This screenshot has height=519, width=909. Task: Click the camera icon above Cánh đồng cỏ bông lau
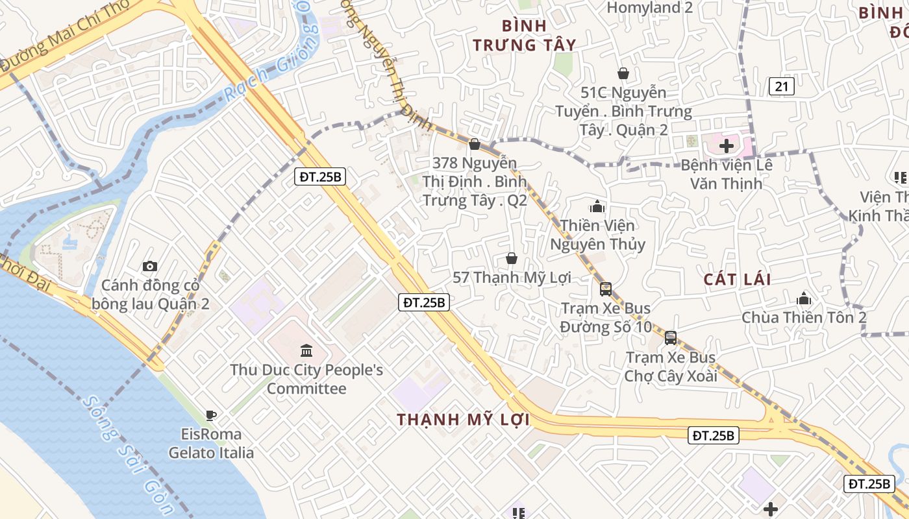pos(150,266)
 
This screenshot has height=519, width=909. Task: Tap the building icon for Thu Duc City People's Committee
pos(306,351)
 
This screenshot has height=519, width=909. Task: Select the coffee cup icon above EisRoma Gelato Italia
pos(210,415)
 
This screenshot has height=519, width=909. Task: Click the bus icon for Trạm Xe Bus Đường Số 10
pos(606,289)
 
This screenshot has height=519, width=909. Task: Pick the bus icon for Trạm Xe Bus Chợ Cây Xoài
pos(671,338)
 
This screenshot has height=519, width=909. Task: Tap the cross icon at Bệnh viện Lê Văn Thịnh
pos(727,146)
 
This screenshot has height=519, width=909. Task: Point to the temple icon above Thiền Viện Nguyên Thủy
pos(597,207)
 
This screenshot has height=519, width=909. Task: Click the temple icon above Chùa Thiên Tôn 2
pos(804,299)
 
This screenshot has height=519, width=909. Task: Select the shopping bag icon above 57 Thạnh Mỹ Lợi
pos(512,259)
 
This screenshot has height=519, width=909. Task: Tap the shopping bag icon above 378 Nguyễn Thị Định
pos(475,144)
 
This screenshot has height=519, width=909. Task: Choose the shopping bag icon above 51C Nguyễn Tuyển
pos(623,73)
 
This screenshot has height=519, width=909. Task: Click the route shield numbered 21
pos(781,86)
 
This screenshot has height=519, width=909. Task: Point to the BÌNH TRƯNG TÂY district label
pos(525,35)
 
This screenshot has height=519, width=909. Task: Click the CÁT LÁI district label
pos(737,280)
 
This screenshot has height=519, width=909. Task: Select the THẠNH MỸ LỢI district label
pos(463,420)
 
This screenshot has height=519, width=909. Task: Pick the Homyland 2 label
pos(649,8)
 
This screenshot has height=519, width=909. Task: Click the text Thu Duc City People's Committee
pos(306,380)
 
